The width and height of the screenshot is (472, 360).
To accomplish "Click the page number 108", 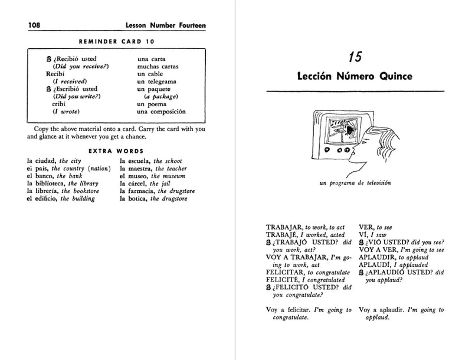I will click(x=19, y=25).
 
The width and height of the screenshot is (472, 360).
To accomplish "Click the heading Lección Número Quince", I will click(x=355, y=77).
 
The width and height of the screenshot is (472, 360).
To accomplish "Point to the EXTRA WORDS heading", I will click(x=116, y=150).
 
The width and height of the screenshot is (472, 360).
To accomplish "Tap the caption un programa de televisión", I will click(x=355, y=183).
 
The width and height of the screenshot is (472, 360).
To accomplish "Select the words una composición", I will click(x=161, y=112).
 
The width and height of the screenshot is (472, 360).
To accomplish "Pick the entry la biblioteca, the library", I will click(x=62, y=184).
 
